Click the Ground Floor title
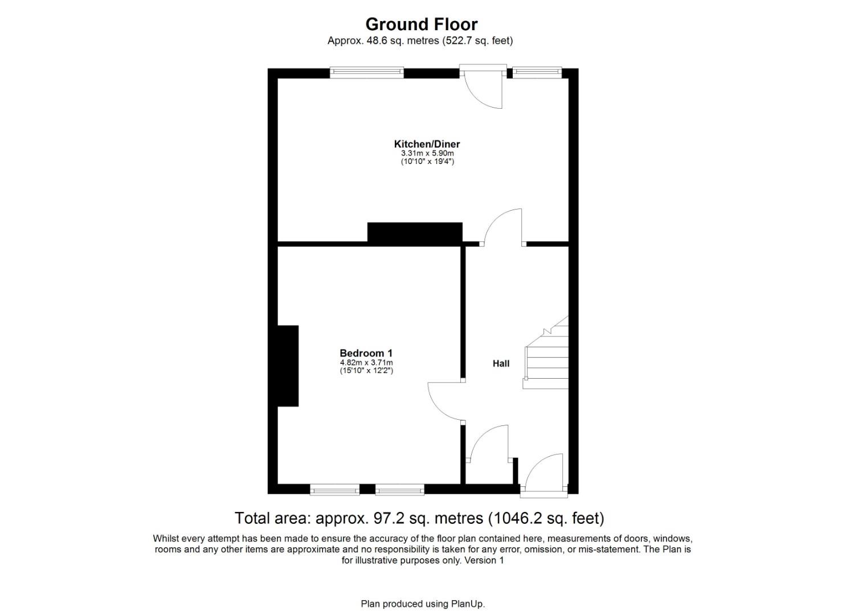coord(421,24)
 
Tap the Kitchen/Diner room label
coord(427,144)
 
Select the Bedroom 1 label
coord(366,353)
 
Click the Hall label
coord(501,363)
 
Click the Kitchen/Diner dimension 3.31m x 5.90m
coord(427,153)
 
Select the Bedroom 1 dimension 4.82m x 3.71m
coord(366,362)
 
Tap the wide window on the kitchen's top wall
coord(366,72)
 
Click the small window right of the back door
coord(537,72)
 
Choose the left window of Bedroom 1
coord(334,489)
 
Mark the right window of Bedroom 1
coord(400,489)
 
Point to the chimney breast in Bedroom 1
coord(288,366)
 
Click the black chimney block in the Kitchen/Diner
coord(415,233)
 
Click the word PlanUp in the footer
coord(468,604)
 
